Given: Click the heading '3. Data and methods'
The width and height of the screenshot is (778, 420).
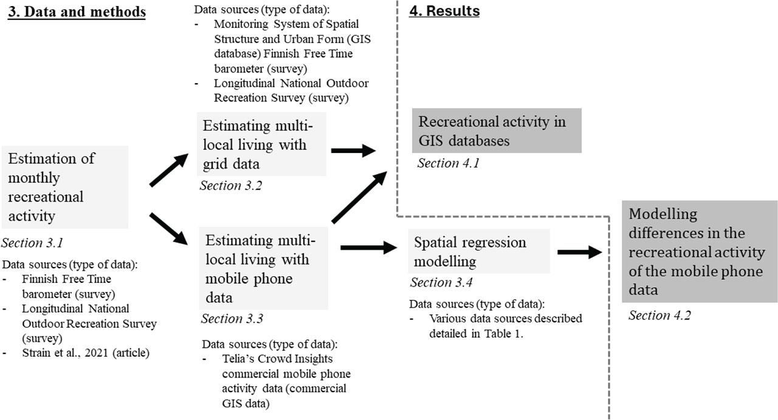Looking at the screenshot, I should point(76,12).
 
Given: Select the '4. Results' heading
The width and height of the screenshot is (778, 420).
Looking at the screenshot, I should point(444,12).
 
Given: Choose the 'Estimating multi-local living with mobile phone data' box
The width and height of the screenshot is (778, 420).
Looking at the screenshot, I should point(261,268).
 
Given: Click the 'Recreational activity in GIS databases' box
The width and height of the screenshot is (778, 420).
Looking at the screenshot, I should point(497,130).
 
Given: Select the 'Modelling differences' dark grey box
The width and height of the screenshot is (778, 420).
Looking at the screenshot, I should point(699,251).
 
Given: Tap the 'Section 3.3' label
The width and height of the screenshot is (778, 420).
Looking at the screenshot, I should point(231,319).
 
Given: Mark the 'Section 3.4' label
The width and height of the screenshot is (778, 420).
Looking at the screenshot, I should point(440,282).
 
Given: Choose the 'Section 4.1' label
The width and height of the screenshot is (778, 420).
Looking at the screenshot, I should point(448,163).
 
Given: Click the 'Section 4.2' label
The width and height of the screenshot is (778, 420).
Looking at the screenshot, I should point(659,315).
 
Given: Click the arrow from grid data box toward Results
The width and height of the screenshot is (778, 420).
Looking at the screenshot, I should point(354,151).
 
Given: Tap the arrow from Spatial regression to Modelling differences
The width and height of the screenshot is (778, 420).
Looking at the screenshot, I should point(579,252).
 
